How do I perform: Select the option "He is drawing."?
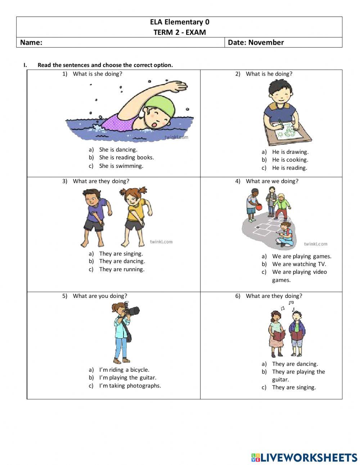pos(290,152)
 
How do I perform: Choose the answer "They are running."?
pos(122,269)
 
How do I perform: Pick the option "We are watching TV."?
pos(299,264)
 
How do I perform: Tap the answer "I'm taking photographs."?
pos(130,385)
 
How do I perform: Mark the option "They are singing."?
pos(294,387)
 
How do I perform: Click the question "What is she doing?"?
pos(98,74)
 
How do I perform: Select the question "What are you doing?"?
pos(100,296)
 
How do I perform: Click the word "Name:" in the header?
pos(31,43)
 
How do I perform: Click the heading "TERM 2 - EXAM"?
pos(180,32)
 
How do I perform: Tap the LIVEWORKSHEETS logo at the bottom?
pos(304,457)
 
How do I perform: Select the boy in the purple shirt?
pos(95,216)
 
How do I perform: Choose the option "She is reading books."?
pos(126,157)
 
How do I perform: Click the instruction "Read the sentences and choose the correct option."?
pos(105,65)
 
